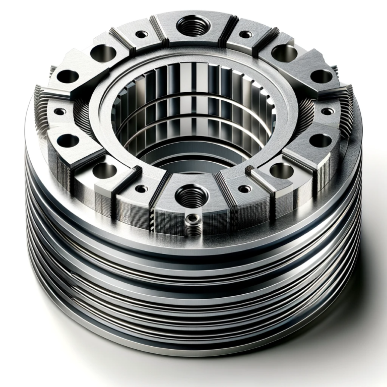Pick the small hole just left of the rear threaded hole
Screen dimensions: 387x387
coord(143,34)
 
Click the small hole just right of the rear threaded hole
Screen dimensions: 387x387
coord(245,35)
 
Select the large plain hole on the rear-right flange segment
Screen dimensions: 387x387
coord(280,51)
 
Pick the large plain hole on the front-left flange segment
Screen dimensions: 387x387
coord(104,169)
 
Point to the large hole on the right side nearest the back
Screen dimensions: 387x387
coord(321,77)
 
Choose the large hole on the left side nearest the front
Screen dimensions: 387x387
coord(66,140)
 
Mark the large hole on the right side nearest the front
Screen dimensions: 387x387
coord(320,141)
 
